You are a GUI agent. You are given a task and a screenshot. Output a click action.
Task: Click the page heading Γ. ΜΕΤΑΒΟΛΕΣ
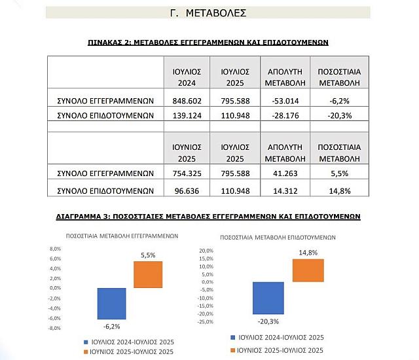pos(208,12)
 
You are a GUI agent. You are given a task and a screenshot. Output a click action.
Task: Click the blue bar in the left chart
pos(111,303)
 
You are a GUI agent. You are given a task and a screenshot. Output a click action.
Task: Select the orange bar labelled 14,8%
pos(308,270)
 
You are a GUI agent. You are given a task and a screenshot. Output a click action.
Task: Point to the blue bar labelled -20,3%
pos(268,298)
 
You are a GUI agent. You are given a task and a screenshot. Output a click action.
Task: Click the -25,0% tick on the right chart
pos(206,321)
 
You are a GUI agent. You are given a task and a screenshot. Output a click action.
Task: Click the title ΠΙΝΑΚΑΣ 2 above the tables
pos(208,41)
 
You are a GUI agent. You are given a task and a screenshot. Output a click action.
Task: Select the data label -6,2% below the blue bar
pos(111,325)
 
